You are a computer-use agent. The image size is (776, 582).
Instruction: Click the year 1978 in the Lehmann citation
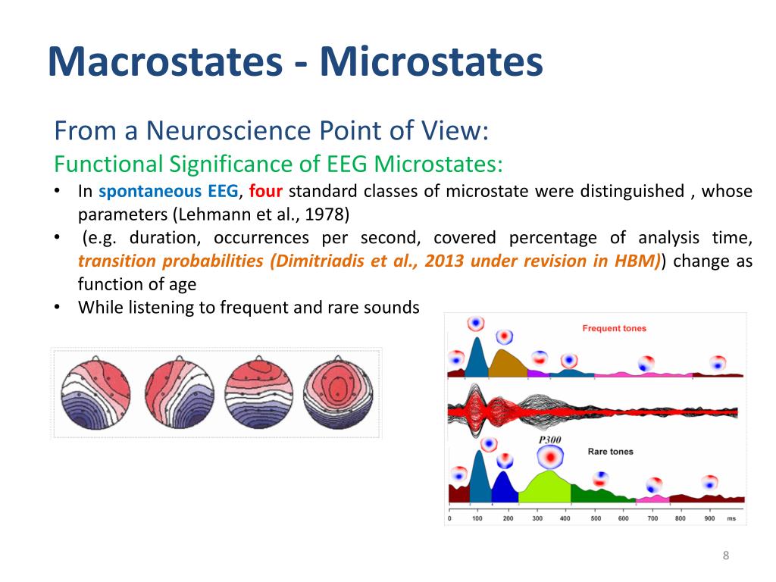[x=328, y=214]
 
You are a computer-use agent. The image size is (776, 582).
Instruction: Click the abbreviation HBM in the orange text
[x=642, y=261]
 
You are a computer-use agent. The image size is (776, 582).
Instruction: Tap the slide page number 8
[x=725, y=557]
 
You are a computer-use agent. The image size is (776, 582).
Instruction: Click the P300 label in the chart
[x=549, y=440]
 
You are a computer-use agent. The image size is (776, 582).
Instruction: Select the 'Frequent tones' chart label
[x=614, y=329]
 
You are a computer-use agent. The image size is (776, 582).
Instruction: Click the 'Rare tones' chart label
[x=610, y=452]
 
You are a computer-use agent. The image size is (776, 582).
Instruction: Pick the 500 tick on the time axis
[x=596, y=518]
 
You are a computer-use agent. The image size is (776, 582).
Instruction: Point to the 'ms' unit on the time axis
[x=731, y=518]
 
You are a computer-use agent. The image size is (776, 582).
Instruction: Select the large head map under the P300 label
[x=551, y=458]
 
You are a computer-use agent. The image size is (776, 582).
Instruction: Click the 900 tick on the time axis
[x=709, y=518]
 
